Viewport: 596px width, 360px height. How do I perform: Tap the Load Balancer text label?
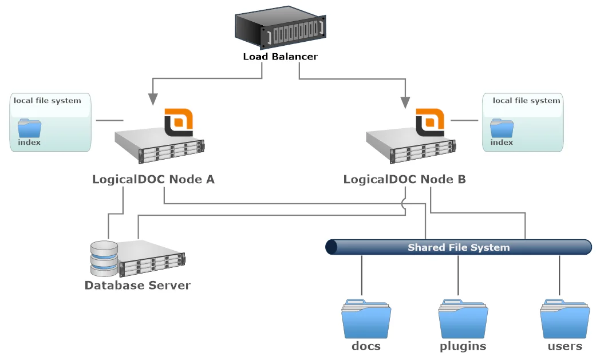[x=280, y=57]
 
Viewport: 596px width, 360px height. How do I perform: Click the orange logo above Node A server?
[x=178, y=122]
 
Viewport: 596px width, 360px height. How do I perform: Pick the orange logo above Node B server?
[x=430, y=122]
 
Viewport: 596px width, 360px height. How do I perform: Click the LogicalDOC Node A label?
[x=153, y=179]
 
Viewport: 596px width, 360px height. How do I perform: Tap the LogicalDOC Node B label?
[x=404, y=179]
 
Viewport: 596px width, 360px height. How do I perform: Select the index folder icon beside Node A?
[x=29, y=129]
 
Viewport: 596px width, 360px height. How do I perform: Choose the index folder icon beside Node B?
[x=502, y=129]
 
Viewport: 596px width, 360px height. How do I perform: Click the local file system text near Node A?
[x=48, y=101]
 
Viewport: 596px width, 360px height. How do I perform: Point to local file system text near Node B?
[x=526, y=101]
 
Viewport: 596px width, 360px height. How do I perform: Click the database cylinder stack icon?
[x=104, y=258]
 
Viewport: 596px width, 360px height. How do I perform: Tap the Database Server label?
[x=137, y=285]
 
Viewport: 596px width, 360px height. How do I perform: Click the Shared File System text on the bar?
[x=458, y=248]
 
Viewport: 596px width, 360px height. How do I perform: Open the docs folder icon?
[x=366, y=318]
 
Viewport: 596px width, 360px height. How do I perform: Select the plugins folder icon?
[x=463, y=318]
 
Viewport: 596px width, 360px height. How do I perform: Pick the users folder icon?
[x=565, y=318]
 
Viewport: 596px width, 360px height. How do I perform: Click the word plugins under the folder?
[x=463, y=346]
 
